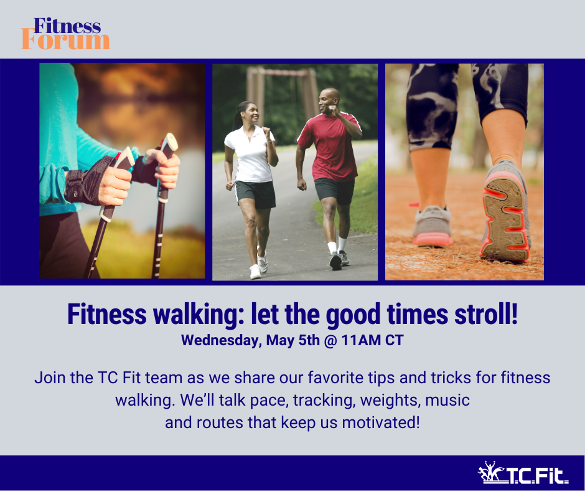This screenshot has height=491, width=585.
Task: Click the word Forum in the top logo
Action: click(x=66, y=41)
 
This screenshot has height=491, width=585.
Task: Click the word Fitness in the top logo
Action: click(x=67, y=26)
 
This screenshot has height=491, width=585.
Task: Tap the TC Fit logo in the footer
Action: click(x=523, y=473)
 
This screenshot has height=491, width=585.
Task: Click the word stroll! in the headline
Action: click(x=486, y=314)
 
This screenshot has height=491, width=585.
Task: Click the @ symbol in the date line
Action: click(x=330, y=340)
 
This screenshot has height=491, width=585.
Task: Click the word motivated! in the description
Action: click(x=381, y=422)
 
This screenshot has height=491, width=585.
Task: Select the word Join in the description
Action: click(x=50, y=378)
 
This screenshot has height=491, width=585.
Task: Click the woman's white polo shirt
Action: click(x=250, y=155)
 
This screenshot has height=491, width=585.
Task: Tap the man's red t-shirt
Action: click(x=330, y=146)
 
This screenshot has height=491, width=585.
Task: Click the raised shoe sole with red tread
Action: click(x=505, y=219)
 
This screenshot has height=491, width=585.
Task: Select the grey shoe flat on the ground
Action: click(x=433, y=226)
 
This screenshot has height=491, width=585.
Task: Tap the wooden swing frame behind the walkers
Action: click(x=283, y=93)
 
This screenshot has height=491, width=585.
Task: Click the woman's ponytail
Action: click(x=236, y=116)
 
